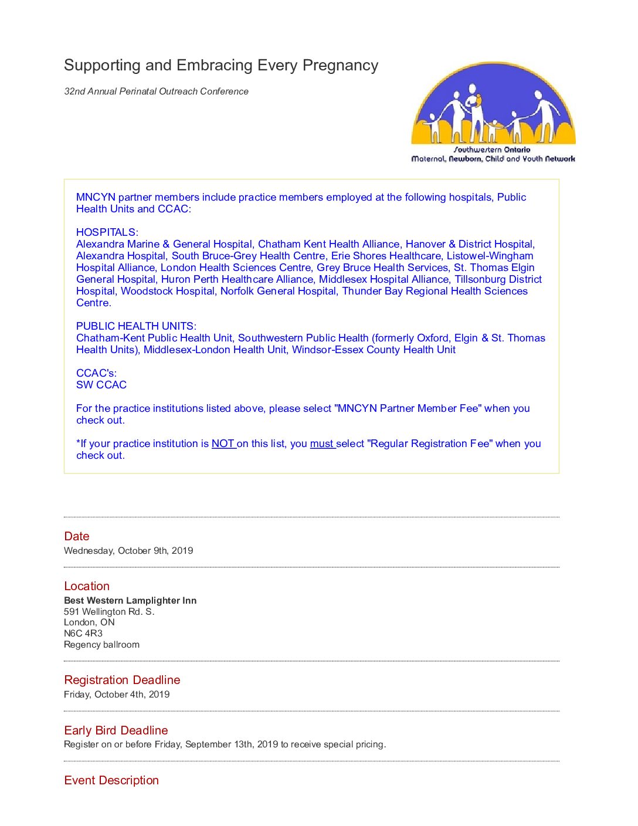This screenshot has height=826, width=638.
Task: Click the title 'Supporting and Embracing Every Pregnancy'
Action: [221, 65]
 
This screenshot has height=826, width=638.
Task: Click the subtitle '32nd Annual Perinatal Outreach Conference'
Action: [156, 92]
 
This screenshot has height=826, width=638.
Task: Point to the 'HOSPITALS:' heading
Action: [107, 232]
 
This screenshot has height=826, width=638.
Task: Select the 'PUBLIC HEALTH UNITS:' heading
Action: [136, 326]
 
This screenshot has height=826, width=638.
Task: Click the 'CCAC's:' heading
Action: [96, 373]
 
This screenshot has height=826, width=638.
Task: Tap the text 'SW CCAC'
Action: [101, 385]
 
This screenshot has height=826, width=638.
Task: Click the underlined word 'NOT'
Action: [223, 444]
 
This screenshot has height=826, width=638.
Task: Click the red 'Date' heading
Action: [77, 536]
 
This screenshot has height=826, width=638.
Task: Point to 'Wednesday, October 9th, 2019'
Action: [128, 551]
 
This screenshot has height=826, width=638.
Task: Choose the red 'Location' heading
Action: [87, 586]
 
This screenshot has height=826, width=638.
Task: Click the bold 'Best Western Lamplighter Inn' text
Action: [130, 601]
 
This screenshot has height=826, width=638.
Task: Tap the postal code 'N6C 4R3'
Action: [83, 634]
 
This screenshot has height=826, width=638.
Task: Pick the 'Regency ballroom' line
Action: [101, 645]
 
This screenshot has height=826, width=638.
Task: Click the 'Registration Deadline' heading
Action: [122, 680]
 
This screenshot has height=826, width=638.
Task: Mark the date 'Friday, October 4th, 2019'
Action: [117, 695]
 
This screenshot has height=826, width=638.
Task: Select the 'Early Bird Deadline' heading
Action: [116, 730]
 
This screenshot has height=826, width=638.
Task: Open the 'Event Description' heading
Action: [111, 780]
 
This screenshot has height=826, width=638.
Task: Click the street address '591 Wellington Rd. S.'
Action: [109, 612]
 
